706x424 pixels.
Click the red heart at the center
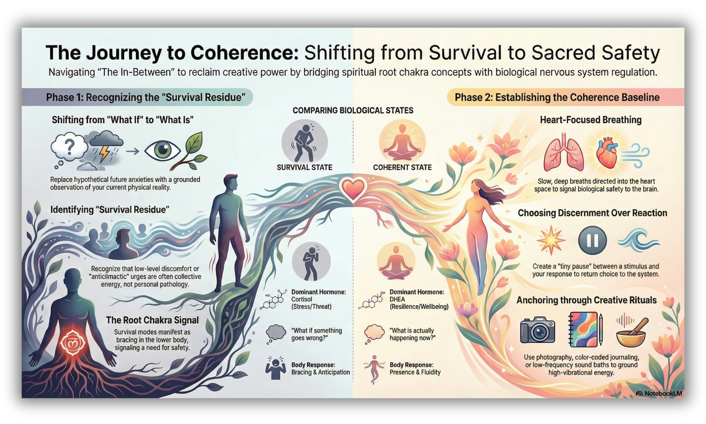(x=353, y=189)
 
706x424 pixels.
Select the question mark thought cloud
(x=69, y=148)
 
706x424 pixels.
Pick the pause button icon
(x=592, y=240)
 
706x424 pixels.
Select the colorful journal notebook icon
(x=583, y=329)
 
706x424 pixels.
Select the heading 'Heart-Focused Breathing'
(x=591, y=120)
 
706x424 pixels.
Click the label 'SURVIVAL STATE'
(x=304, y=167)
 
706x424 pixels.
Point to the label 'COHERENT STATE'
(x=402, y=167)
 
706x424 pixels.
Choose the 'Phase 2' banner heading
(x=557, y=98)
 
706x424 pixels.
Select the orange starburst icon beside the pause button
(x=551, y=240)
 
